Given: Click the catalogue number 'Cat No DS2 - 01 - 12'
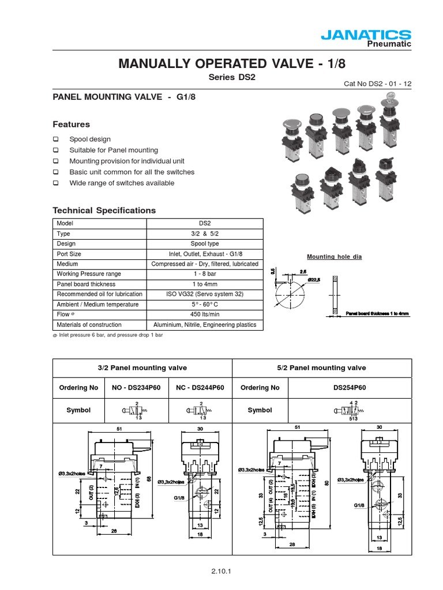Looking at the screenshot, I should click(x=378, y=84).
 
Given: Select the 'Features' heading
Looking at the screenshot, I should click(x=71, y=124).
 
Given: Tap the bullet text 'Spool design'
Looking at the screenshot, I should click(x=90, y=139).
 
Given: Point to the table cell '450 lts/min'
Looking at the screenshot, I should click(x=205, y=314).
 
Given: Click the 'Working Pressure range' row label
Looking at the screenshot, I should click(x=86, y=274).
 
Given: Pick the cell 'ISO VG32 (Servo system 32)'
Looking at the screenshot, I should click(x=205, y=294).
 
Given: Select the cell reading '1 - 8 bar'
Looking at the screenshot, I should click(x=205, y=274).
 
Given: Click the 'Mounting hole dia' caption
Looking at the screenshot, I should click(x=334, y=257).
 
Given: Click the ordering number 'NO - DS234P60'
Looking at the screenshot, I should click(x=136, y=388).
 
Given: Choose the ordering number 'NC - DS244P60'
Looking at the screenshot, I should click(x=200, y=388).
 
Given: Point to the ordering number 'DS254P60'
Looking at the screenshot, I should click(x=350, y=388).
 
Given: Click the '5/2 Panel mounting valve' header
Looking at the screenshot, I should click(x=321, y=368).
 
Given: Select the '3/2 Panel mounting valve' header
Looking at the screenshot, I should click(x=142, y=368).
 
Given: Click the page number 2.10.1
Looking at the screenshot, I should click(x=221, y=572).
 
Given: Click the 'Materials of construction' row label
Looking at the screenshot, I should click(x=89, y=325).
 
